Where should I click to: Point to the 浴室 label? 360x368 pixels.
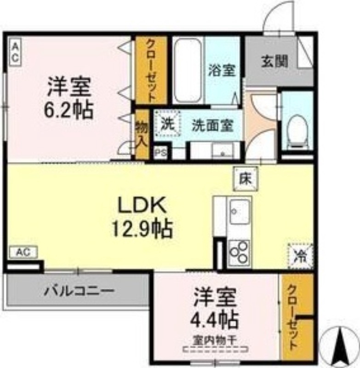222,71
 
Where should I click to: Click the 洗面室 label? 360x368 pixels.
212,125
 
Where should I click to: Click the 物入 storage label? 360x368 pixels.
141,133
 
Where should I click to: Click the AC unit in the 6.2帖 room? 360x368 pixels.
14,52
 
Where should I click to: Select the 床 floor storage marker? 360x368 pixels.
245,178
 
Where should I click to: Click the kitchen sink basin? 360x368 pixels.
240,212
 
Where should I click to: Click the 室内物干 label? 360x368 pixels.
214,341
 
